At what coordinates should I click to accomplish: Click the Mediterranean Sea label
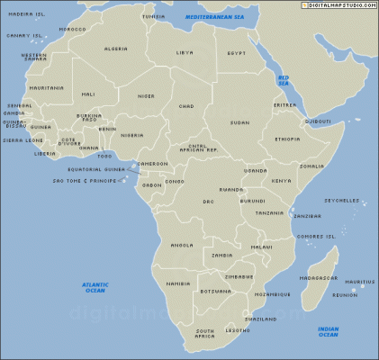coord(214,17)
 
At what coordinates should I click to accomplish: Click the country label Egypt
coord(236,53)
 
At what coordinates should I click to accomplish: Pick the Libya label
coord(185,52)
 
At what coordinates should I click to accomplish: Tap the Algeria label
coord(116,49)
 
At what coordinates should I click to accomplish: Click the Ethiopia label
coord(287,139)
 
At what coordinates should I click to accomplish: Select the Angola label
coord(182,245)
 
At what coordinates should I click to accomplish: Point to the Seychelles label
coord(342,201)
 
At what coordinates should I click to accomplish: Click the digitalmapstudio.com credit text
coord(339,5)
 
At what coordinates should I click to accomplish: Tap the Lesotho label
coord(237,330)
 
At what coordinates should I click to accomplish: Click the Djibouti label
coord(318,121)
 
